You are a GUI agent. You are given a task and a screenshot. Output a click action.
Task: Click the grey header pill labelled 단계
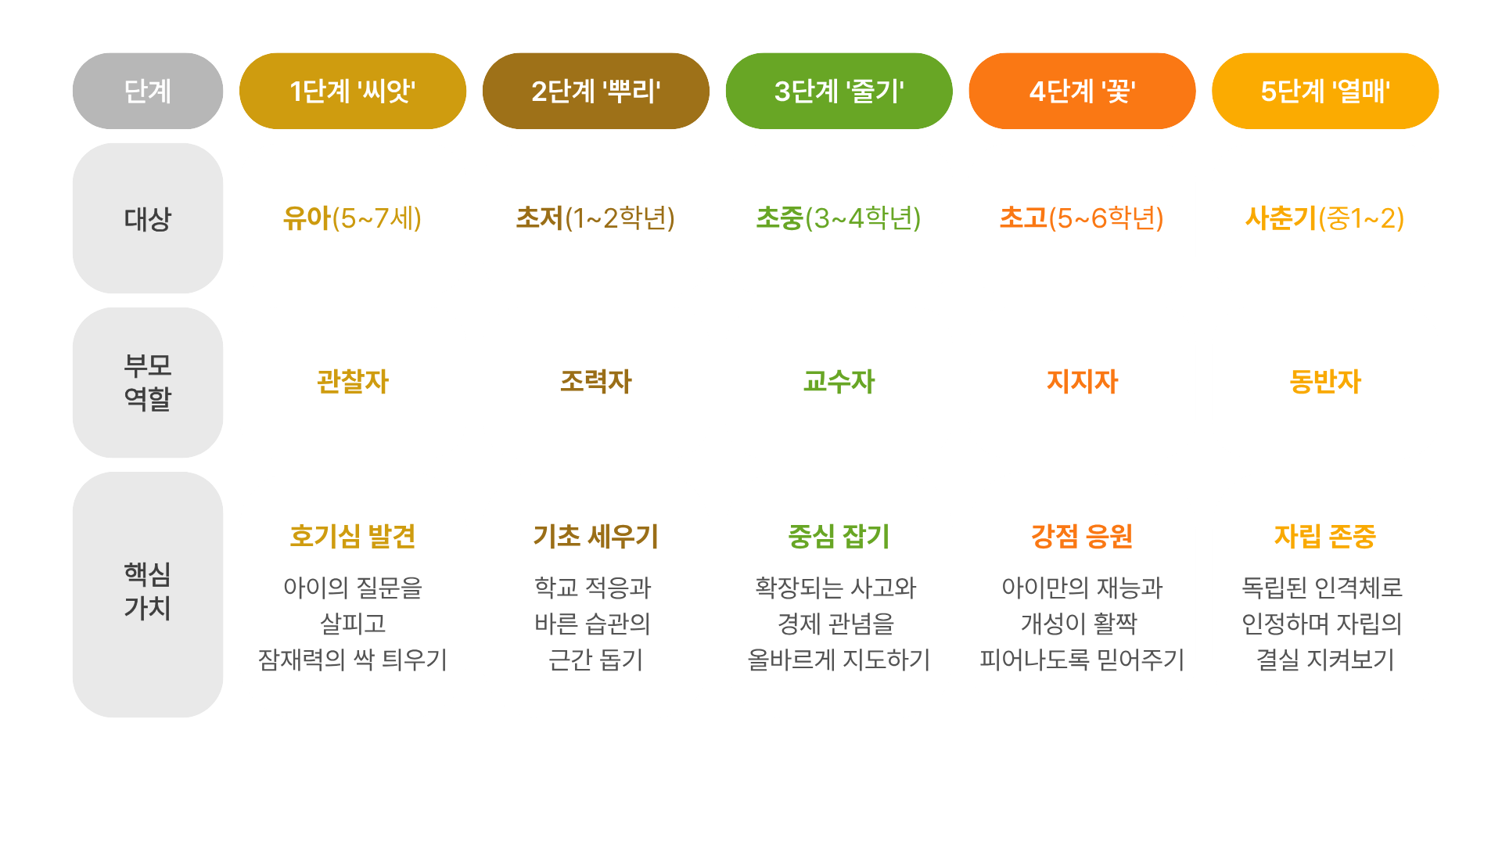click(x=148, y=92)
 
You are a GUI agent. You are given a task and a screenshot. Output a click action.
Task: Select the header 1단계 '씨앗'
click(x=353, y=92)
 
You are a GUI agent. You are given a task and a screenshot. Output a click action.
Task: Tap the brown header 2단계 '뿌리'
click(x=596, y=92)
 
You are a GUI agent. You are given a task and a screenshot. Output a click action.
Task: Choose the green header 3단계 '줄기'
click(x=839, y=92)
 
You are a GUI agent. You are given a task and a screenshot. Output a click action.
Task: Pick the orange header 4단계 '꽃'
click(x=1082, y=92)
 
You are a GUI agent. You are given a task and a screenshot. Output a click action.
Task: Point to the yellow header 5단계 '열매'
click(x=1325, y=92)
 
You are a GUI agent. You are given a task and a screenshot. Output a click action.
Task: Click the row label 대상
click(x=148, y=219)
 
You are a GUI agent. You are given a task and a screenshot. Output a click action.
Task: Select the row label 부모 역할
click(x=148, y=383)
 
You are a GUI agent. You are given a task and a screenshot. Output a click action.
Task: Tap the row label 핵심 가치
click(x=148, y=591)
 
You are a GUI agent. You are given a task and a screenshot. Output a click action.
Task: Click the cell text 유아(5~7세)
click(x=353, y=218)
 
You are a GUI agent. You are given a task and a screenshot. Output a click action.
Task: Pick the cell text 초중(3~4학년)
click(x=839, y=218)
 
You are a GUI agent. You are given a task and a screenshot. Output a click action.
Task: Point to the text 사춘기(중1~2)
click(x=1325, y=218)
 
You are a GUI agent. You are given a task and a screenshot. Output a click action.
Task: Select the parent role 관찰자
click(x=353, y=382)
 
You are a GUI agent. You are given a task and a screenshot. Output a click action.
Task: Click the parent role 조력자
click(x=596, y=382)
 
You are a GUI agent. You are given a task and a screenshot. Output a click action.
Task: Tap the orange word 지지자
click(x=1082, y=382)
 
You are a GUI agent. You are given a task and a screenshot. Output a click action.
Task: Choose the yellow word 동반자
click(x=1325, y=382)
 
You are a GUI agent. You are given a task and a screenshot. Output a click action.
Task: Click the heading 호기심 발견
click(x=353, y=537)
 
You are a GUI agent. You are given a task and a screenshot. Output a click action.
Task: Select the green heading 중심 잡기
click(x=839, y=537)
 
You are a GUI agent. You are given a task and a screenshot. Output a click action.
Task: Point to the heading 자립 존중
click(x=1325, y=537)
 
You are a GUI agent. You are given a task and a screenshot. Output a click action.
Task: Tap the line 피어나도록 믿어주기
click(x=1082, y=660)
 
